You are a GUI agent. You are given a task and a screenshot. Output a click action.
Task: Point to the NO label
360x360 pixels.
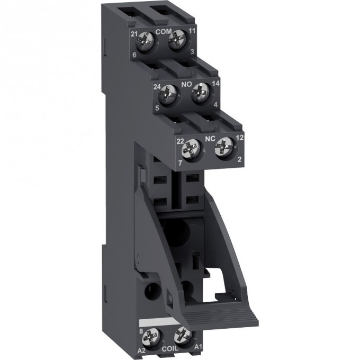coord(186,83)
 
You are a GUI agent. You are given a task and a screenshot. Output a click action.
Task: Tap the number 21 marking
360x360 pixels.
coord(134,34)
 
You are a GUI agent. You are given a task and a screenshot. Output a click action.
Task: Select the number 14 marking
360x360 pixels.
coord(216,83)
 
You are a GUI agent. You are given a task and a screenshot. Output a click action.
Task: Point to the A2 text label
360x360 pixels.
coord(141,349)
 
